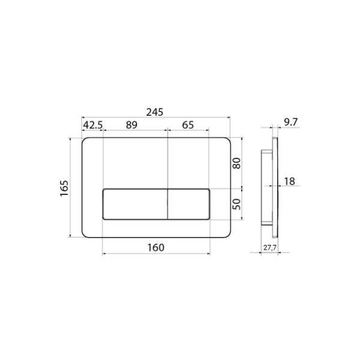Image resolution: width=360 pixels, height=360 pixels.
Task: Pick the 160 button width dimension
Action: click(155, 247)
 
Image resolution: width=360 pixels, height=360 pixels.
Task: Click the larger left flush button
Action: click(135, 204)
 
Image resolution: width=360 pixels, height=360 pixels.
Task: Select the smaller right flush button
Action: click(188, 204)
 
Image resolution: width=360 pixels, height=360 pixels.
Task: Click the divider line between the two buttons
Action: click(166, 204)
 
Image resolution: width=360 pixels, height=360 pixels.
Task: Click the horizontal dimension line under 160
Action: click(156, 254)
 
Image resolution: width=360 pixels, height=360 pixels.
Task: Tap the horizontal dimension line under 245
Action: click(156, 118)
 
